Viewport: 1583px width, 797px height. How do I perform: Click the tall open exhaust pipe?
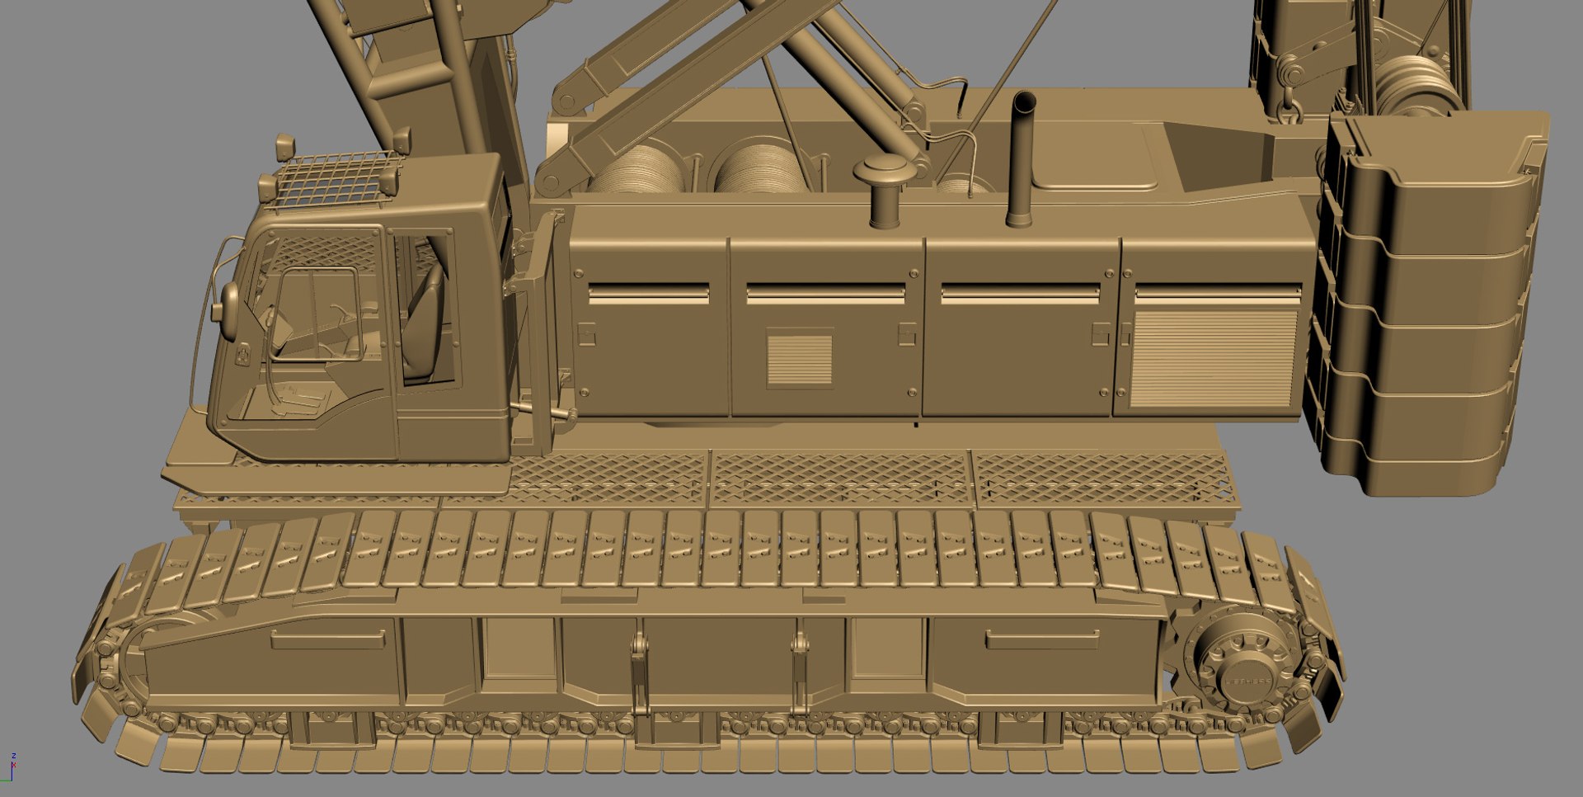click(x=1022, y=157)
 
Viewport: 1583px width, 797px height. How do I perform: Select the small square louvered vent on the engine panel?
click(x=799, y=356)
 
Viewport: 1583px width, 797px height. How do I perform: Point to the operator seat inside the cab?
click(x=425, y=322)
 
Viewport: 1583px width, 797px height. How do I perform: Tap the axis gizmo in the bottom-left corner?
click(x=12, y=767)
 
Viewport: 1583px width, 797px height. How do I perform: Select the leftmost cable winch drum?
click(x=639, y=173)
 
